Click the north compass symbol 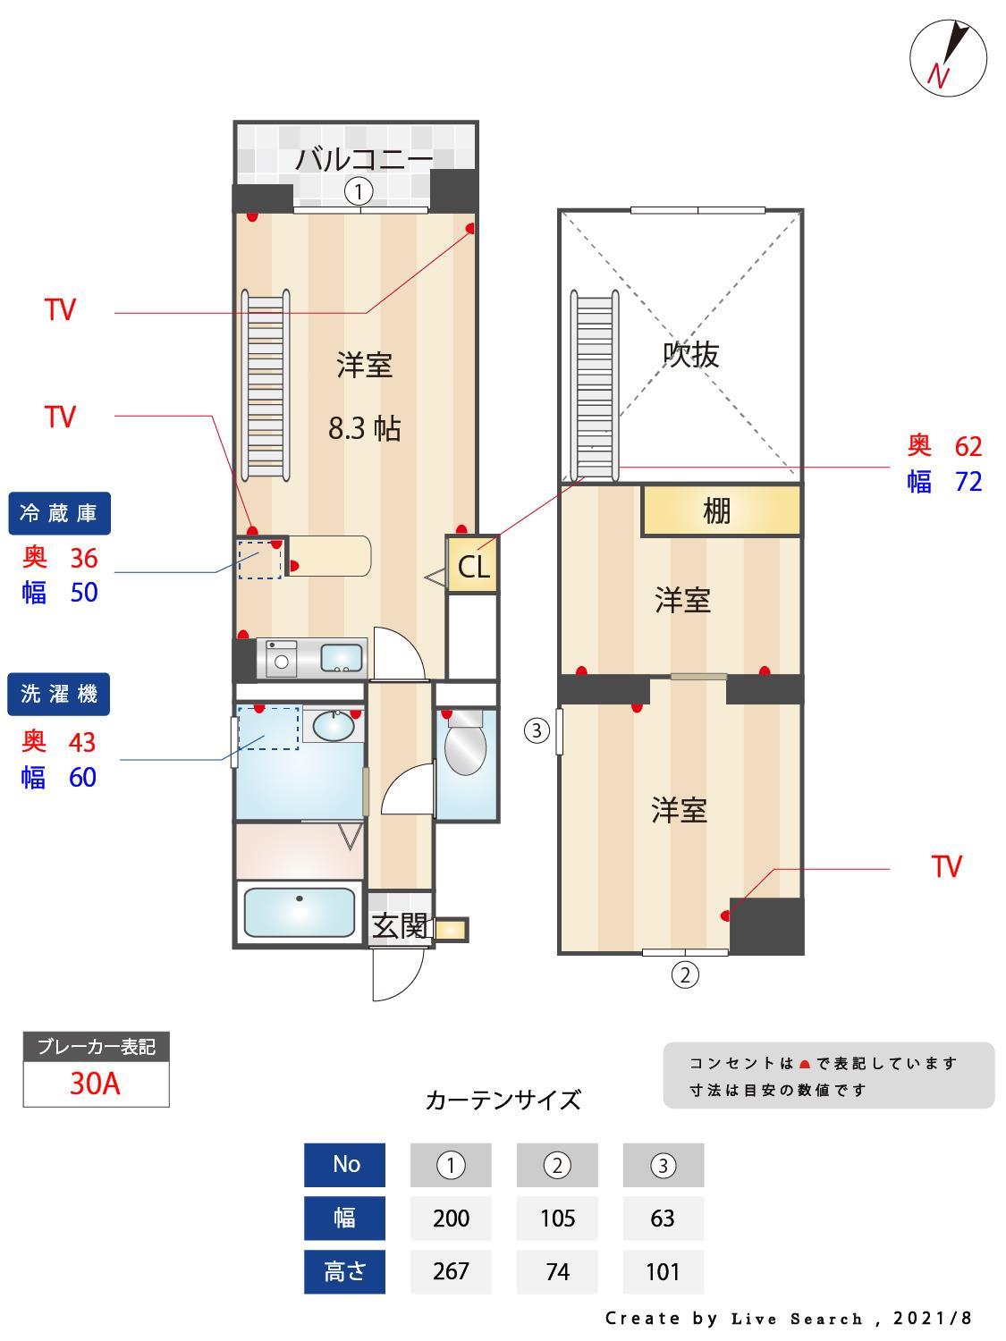948,58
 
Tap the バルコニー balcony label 364,160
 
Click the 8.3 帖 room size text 364,429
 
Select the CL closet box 473,565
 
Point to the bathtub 299,912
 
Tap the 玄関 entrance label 399,926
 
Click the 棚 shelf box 721,510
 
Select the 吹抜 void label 690,355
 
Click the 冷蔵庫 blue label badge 59,513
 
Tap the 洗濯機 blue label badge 59,694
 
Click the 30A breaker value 95,1084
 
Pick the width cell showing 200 451,1219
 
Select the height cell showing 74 557,1271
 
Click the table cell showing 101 663,1271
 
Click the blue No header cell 345,1164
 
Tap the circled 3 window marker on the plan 536,731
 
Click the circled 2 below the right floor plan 685,974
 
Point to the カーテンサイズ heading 503,1100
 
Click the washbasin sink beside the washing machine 333,726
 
